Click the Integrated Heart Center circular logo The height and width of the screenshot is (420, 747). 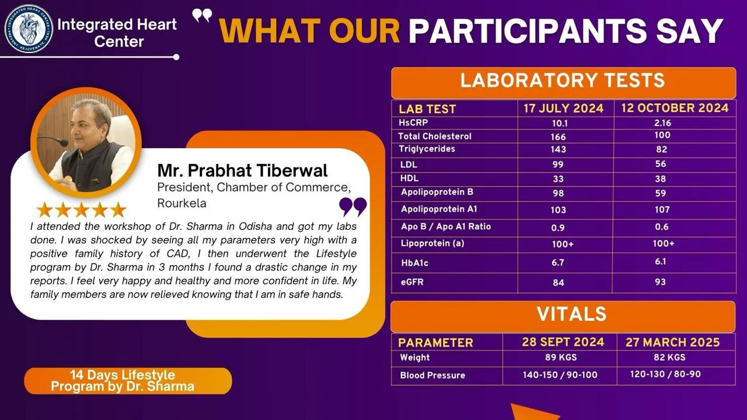(x=29, y=29)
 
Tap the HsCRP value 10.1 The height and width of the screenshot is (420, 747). (x=560, y=123)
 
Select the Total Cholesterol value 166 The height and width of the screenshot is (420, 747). (x=558, y=136)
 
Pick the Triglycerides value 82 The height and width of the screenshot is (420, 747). (x=662, y=149)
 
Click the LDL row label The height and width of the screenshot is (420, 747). (x=409, y=164)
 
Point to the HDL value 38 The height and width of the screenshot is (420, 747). (x=660, y=178)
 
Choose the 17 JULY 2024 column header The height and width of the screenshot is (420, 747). (x=563, y=108)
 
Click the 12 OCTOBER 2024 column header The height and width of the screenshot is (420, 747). (x=675, y=108)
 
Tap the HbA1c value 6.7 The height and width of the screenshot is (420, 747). (x=557, y=262)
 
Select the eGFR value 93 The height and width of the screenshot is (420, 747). (x=660, y=282)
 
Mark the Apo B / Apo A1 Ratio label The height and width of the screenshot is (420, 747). (x=446, y=227)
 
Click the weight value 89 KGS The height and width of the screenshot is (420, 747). (x=561, y=358)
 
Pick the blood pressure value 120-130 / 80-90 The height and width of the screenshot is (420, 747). (x=665, y=374)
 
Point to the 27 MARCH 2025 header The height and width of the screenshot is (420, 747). (x=673, y=342)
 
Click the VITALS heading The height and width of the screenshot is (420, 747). (x=571, y=314)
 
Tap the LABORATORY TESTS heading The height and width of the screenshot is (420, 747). (x=563, y=80)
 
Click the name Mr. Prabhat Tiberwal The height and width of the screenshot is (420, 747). (x=242, y=170)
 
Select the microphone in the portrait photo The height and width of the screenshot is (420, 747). (x=53, y=141)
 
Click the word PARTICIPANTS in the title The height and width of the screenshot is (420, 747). (x=528, y=31)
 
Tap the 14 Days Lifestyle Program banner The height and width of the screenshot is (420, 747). (x=128, y=381)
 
